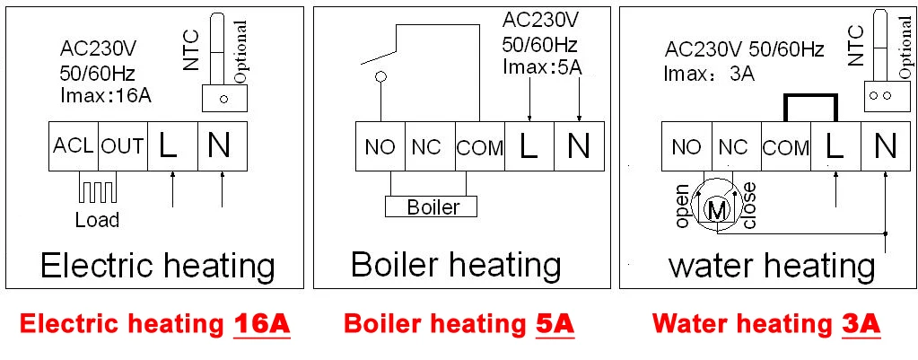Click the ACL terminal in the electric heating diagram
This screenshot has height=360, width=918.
coord(73,145)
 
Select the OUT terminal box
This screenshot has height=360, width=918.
coord(122,145)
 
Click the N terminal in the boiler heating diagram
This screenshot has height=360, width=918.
coord(579,146)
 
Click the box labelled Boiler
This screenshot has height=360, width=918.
coord(433,207)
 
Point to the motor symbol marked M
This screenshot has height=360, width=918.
coord(719,210)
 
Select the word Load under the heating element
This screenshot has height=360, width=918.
coord(97,220)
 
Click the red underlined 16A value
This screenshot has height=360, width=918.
coord(261,324)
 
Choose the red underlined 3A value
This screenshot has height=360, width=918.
coord(861,324)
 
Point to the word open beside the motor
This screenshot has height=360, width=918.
coord(683,206)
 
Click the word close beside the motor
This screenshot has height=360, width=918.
coord(749,205)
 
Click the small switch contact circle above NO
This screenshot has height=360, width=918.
coord(380,77)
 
